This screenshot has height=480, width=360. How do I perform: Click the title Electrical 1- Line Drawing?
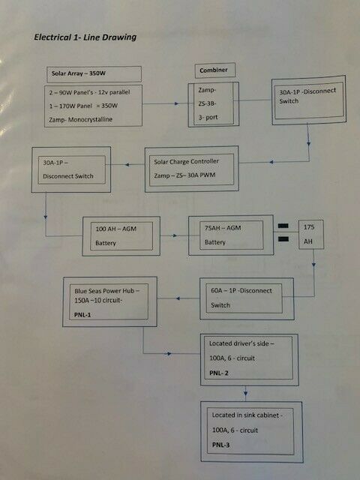pos(85,37)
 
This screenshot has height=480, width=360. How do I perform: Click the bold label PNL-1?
pos(82,315)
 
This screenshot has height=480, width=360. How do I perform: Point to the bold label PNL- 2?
pos(219,373)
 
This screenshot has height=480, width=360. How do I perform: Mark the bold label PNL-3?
pos(220,445)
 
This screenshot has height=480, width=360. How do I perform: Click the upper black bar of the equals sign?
pos(283,226)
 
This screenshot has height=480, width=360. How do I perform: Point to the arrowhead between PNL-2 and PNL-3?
pos(245,391)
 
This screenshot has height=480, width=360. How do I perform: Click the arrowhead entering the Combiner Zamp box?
pos(177,103)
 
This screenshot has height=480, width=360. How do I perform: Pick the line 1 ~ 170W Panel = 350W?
pos(83,106)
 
